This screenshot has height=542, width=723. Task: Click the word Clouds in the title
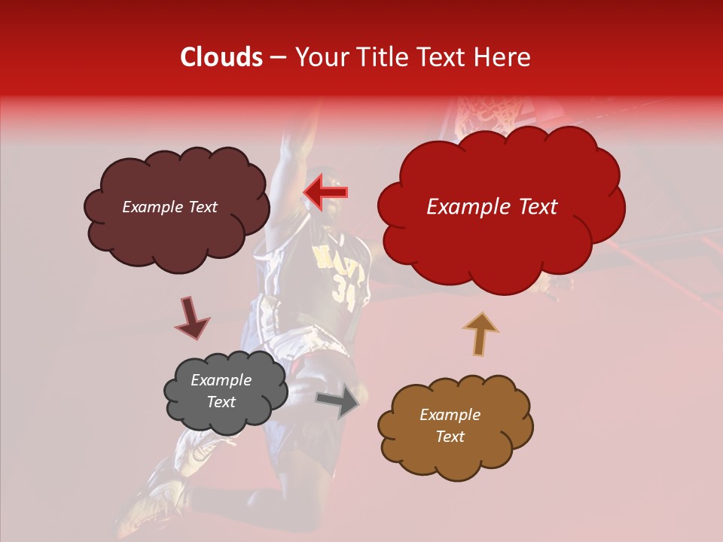[221, 57]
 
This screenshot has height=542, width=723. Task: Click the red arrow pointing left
[326, 192]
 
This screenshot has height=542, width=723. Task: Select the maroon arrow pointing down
[191, 318]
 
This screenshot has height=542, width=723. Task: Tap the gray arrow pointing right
[337, 403]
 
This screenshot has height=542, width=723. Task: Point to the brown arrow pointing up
[480, 333]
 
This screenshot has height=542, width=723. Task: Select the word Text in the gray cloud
[221, 402]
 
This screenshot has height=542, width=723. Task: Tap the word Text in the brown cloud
[450, 437]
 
